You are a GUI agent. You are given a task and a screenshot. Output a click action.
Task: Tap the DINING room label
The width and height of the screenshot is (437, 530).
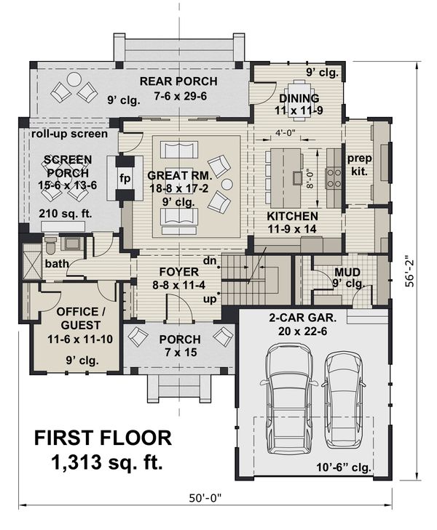pos(299,99)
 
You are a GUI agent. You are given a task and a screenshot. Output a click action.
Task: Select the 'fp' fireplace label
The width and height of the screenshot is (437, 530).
pos(125,177)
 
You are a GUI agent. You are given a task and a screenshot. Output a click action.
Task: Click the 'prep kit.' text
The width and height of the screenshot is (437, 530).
pos(359,165)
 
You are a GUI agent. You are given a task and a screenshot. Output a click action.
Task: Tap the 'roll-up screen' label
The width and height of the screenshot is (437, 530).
pos(69,134)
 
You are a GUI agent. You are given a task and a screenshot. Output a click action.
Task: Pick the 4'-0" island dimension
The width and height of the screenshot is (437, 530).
pos(286,132)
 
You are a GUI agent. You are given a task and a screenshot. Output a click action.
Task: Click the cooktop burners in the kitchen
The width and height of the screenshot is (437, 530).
pos(334,177)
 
